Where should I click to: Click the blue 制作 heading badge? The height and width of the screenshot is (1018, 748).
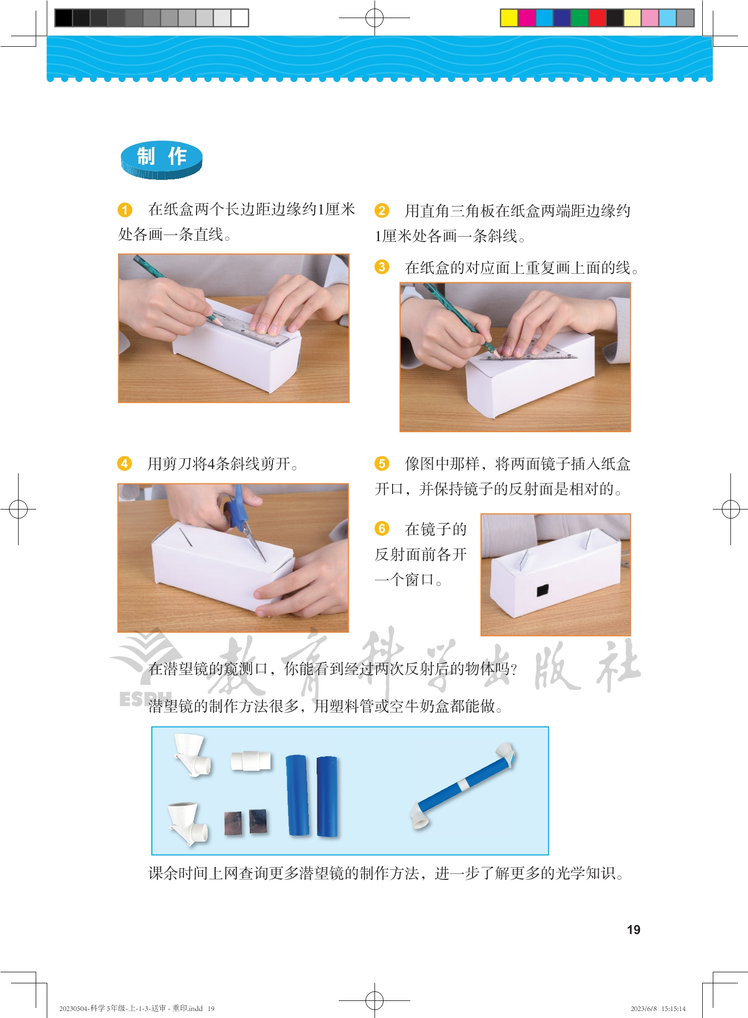tap(161, 160)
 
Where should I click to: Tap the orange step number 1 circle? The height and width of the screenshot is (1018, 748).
tap(125, 210)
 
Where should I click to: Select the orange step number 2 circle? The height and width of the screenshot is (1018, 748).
tap(382, 211)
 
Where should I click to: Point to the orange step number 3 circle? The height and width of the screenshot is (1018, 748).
tap(382, 267)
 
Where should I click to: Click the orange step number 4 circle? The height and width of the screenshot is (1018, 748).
tap(124, 463)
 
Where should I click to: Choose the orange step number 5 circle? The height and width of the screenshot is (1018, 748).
tap(382, 463)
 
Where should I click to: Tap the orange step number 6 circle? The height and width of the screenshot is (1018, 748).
tap(382, 529)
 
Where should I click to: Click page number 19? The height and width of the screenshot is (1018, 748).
tap(633, 930)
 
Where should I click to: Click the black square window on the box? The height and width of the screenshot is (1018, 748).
tap(542, 590)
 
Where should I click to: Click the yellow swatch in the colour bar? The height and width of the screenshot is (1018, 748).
tap(509, 18)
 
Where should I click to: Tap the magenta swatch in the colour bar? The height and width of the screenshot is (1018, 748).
tap(526, 18)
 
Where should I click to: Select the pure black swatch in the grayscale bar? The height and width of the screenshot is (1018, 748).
tap(63, 18)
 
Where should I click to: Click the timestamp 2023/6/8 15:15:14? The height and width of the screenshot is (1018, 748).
tap(658, 1008)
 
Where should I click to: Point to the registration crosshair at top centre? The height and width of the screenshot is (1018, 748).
tap(374, 18)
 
